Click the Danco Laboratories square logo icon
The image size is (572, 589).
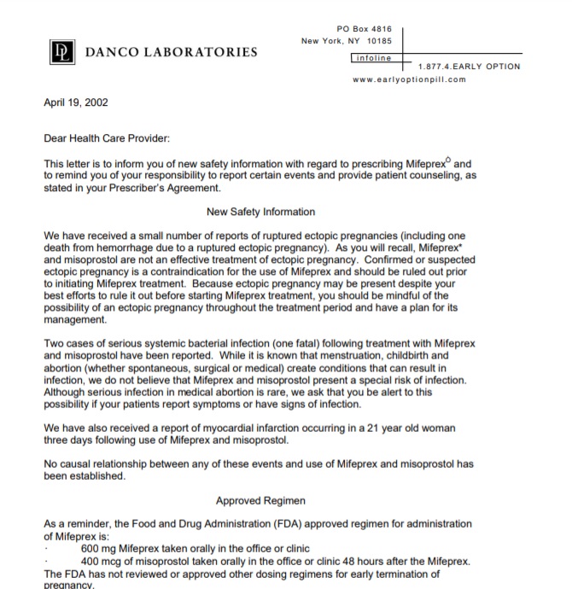coord(60,51)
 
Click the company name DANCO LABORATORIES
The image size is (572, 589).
coord(171,52)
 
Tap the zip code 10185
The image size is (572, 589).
coord(378,41)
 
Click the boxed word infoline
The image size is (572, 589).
coord(372,58)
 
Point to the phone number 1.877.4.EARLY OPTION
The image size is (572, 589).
coord(469,67)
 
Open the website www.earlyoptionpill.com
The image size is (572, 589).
coord(409,80)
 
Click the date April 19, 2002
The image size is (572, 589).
coord(76,104)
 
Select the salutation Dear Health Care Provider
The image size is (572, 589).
coord(107,138)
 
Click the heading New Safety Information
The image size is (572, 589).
coord(260,212)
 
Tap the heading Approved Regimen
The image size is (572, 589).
coord(261,500)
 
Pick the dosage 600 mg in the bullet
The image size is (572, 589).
coord(99,548)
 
